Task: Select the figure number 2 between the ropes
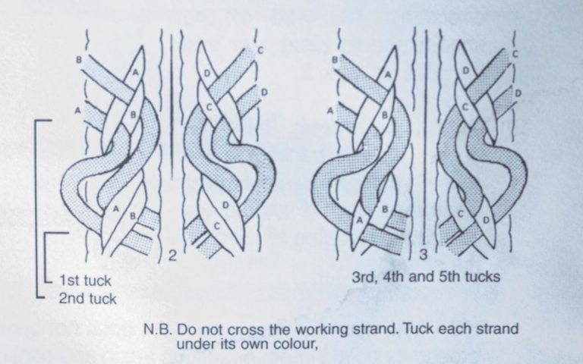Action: pyautogui.click(x=172, y=256)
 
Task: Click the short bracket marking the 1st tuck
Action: pyautogui.click(x=48, y=258)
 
